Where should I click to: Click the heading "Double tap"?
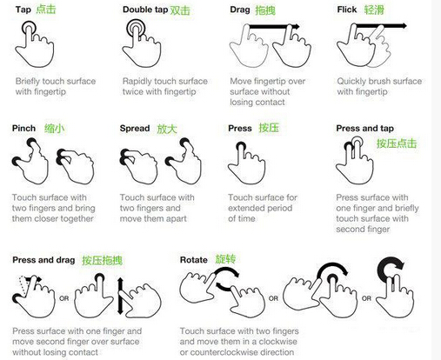tap(145, 10)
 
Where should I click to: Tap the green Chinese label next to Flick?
tap(374, 10)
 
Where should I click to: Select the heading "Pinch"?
tap(23, 128)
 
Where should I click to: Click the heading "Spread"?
tap(135, 128)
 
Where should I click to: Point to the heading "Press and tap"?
tap(364, 128)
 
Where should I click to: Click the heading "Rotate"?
tap(194, 260)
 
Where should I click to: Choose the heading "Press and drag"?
tap(43, 260)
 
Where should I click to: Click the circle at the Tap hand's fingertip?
tap(29, 29)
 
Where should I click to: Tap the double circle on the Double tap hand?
tap(136, 28)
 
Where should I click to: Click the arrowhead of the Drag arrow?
tap(296, 27)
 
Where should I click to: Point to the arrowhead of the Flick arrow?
tap(404, 26)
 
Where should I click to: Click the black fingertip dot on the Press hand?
tap(241, 146)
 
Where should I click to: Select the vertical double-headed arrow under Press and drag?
tap(120, 297)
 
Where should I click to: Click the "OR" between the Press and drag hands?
tap(63, 298)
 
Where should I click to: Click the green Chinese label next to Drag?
tap(265, 10)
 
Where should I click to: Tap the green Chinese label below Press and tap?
tap(397, 143)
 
